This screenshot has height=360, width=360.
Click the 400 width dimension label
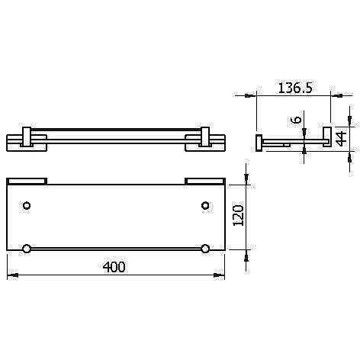pyautogui.click(x=114, y=267)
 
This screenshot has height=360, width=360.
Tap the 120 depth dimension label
pyautogui.click(x=239, y=215)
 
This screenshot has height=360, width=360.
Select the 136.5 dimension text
pyautogui.click(x=295, y=88)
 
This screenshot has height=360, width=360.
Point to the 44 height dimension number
pyautogui.click(x=341, y=139)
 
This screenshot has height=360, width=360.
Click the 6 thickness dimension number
pyautogui.click(x=297, y=120)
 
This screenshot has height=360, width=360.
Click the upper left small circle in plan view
pyautogui.click(x=27, y=205)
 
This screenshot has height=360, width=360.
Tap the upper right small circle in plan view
pyautogui.click(x=205, y=205)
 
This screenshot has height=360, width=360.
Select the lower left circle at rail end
pyautogui.click(x=27, y=249)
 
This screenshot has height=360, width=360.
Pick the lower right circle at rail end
pyautogui.click(x=205, y=249)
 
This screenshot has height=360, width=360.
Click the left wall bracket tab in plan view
pyautogui.click(x=27, y=182)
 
